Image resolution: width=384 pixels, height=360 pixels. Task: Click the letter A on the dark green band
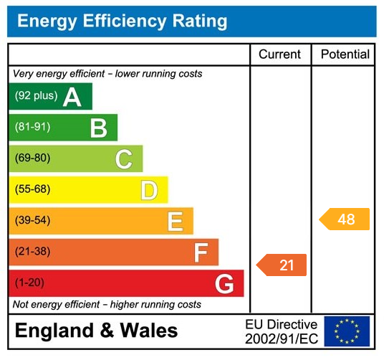(72, 97)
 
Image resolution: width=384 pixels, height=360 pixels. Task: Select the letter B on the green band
(98, 128)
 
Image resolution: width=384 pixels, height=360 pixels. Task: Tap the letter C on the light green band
(123, 159)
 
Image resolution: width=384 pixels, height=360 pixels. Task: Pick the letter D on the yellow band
(149, 190)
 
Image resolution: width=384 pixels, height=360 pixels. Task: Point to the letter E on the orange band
(175, 222)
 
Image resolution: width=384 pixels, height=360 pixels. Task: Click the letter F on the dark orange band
(201, 252)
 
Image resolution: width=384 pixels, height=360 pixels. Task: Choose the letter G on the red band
(224, 284)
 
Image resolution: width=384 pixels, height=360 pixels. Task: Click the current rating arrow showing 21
(282, 265)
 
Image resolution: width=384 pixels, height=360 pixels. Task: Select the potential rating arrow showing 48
(345, 219)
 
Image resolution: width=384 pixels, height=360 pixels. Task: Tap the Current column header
(280, 55)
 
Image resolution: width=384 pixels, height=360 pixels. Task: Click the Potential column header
(345, 55)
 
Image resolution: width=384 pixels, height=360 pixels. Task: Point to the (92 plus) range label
(36, 96)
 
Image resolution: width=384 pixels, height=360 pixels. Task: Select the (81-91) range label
(32, 127)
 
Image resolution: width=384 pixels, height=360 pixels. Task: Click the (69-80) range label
(32, 158)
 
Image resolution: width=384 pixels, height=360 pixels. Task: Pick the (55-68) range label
(32, 189)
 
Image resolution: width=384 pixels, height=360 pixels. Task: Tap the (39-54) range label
(32, 220)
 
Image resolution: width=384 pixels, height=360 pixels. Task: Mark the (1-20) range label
(29, 283)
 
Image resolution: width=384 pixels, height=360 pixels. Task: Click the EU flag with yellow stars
(347, 331)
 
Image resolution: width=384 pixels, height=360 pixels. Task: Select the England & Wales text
(96, 331)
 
